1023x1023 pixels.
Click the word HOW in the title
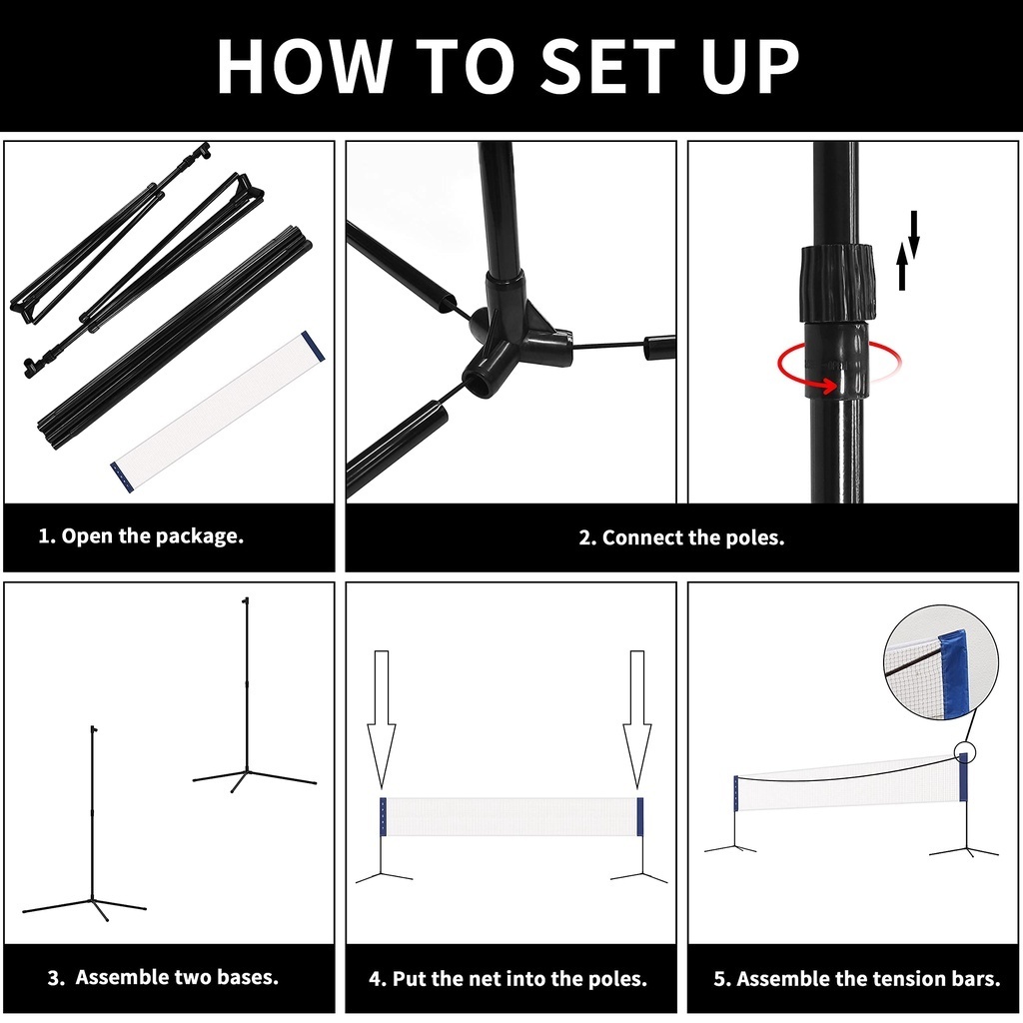coord(304,66)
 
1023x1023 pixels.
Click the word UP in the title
coord(750,66)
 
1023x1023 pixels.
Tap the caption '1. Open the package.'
coord(141,535)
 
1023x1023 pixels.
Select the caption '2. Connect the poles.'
coord(681,537)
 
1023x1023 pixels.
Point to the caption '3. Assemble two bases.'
coord(163,977)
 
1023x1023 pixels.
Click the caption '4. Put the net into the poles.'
coord(508,978)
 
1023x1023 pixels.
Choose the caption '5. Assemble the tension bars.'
coord(856,978)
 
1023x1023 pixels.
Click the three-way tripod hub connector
coord(515,333)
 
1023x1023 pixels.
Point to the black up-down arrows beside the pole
coord(908,250)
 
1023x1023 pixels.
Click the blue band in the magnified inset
coord(954,672)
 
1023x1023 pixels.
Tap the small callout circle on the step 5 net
coord(965,752)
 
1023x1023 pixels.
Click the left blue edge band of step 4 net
coord(383,816)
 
